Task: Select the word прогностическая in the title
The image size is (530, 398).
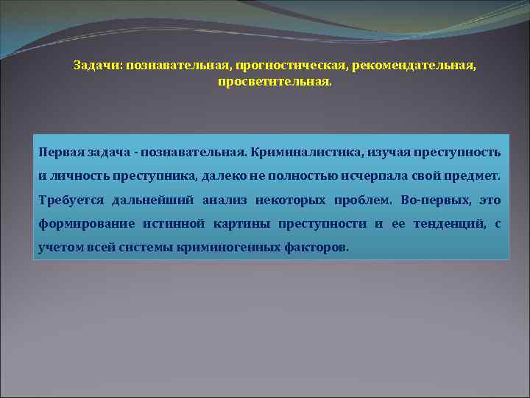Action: [x=283, y=66]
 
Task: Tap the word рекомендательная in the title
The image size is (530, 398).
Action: [x=414, y=66]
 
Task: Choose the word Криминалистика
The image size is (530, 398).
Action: [x=295, y=153]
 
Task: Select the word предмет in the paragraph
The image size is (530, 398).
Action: [x=473, y=176]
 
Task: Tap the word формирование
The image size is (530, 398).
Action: [x=86, y=223]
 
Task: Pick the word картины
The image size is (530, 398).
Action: [x=241, y=223]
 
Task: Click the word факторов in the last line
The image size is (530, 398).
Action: [x=317, y=247]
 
